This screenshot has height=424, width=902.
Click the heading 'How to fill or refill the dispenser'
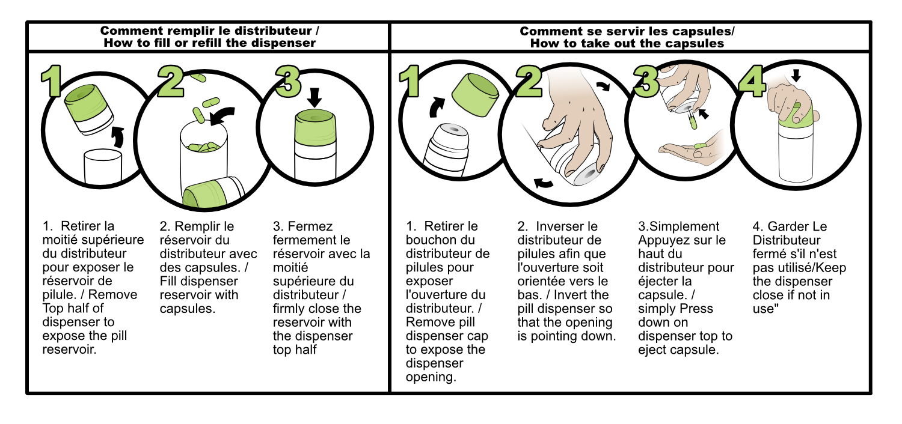209,43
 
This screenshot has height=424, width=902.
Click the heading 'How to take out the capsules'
627,43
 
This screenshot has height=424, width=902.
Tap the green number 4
752,81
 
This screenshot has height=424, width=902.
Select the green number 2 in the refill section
171,81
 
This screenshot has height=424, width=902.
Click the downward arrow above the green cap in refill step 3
314,97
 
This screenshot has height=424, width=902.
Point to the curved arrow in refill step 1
118,137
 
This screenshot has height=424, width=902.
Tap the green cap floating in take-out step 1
475,95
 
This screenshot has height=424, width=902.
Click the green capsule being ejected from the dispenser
693,121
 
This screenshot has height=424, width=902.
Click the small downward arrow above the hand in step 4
796,75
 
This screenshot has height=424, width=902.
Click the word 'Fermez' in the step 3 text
310,226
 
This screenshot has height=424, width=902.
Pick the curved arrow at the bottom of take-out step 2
543,183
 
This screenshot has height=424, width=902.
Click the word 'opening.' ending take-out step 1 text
431,377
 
